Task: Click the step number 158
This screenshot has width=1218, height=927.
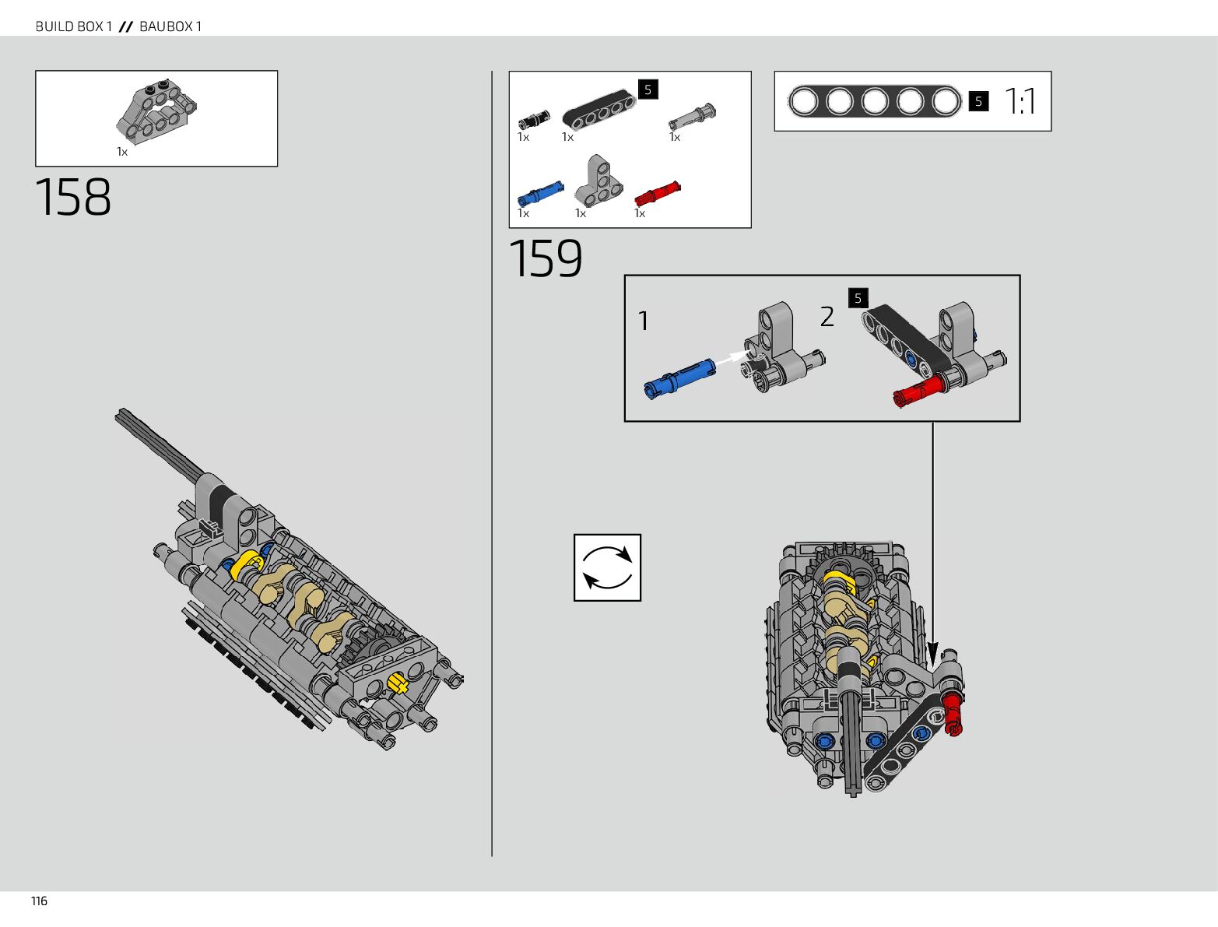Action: [72, 197]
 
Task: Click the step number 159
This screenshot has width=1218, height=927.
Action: [546, 258]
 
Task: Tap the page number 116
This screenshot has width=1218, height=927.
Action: [39, 901]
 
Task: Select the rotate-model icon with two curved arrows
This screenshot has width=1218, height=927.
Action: [607, 567]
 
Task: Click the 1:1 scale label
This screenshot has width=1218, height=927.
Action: [1020, 101]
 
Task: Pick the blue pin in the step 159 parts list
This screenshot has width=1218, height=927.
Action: [540, 193]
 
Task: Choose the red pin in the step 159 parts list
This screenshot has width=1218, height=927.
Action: [658, 193]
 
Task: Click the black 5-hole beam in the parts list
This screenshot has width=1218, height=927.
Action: [599, 107]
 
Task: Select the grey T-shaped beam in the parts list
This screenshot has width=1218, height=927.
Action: [598, 181]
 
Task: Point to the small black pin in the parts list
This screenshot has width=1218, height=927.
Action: [534, 120]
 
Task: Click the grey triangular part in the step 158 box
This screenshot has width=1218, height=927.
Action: [156, 112]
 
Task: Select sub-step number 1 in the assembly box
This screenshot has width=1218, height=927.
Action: [643, 321]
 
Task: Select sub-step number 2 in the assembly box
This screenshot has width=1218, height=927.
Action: [827, 317]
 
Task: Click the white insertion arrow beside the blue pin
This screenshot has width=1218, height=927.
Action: [730, 357]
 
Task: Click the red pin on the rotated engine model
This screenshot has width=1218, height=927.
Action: [953, 715]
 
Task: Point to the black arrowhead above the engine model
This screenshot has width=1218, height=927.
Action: [933, 655]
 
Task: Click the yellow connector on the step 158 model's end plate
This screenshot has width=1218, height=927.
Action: [397, 683]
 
